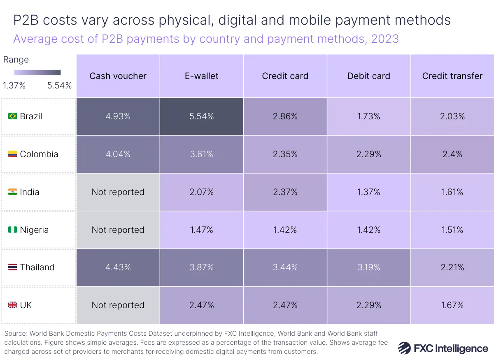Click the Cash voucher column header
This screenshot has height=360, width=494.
click(118, 76)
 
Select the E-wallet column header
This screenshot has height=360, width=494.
click(201, 76)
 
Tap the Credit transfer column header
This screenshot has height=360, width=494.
click(452, 76)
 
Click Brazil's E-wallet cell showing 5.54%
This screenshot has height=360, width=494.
click(201, 116)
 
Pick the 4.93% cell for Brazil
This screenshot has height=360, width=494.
click(118, 116)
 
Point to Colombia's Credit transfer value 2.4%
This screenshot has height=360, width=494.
click(452, 154)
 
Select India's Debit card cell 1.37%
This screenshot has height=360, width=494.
click(368, 192)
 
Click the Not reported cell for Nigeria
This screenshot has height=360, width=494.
click(118, 230)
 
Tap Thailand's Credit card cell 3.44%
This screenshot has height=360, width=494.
click(285, 267)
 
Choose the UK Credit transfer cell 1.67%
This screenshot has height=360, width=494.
click(452, 305)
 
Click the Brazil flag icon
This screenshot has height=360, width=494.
click(13, 116)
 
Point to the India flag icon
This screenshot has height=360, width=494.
click(13, 192)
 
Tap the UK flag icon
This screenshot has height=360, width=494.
click(13, 305)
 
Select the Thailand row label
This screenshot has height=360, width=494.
click(37, 267)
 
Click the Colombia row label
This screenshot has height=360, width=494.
click(39, 154)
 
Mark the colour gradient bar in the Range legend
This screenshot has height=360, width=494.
click(37, 72)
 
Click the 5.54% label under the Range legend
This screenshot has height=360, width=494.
click(60, 86)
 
